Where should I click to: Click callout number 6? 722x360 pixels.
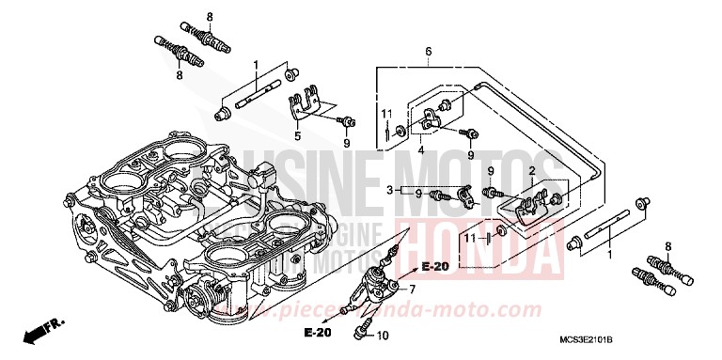[428, 51]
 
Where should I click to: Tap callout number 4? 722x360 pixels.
[421, 149]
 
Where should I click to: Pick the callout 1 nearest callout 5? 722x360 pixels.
[255, 63]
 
